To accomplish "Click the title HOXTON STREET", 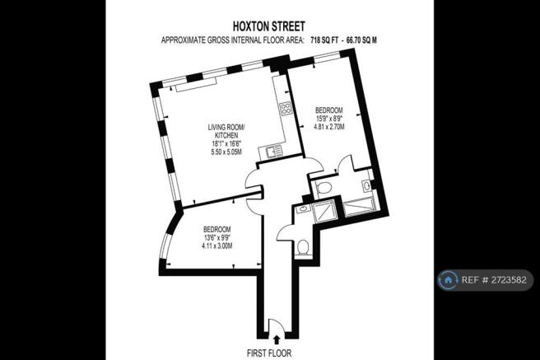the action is coord(269,26).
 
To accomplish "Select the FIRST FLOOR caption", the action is coord(269,353).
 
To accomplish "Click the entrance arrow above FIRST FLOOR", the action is coord(277,340).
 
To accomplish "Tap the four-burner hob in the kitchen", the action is coord(286,109).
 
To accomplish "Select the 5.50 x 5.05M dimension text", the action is coord(226,152).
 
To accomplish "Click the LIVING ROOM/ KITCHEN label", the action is coord(226,131).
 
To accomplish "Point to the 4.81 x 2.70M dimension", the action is coord(329,127).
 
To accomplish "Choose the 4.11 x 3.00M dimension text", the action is coord(217,246).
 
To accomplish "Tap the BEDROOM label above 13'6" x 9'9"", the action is coord(217,230).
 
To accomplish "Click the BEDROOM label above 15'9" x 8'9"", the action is coord(329,110).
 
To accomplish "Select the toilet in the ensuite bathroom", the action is coord(323,188).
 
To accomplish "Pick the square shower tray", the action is coord(323,211).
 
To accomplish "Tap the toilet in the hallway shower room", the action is coord(303,247).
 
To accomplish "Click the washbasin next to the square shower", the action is coord(303,208).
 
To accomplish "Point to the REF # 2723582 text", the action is coord(494,280).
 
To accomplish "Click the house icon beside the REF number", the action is coord(448,280).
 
